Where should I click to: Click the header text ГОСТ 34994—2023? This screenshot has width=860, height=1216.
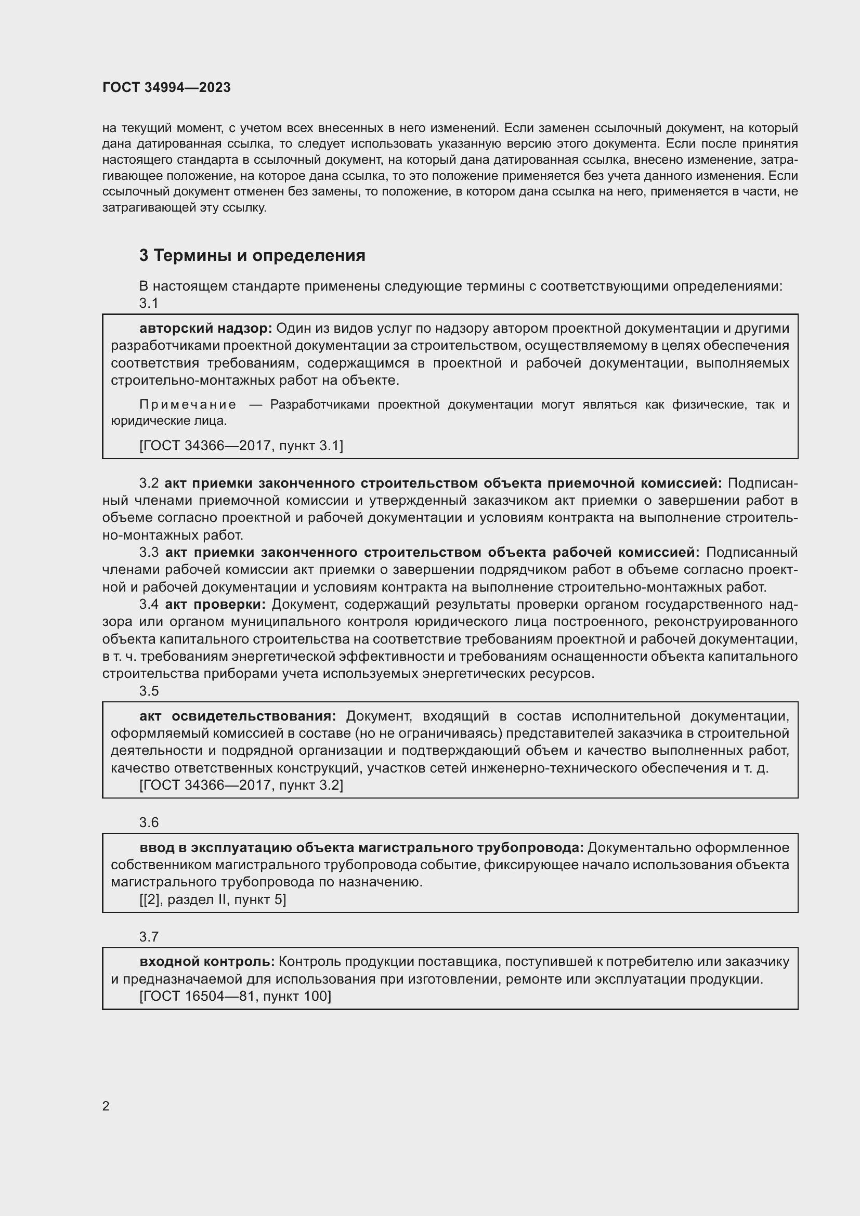(x=166, y=87)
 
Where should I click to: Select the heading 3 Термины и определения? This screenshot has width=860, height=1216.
(x=252, y=255)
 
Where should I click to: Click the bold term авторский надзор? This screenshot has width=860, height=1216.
(x=205, y=329)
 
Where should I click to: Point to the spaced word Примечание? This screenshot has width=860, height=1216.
(x=188, y=404)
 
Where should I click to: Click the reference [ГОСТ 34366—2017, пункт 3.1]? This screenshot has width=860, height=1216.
(x=241, y=446)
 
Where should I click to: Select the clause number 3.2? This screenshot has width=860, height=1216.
(x=149, y=483)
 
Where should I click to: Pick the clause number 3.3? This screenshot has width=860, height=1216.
(x=149, y=553)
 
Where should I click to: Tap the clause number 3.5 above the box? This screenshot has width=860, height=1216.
(x=149, y=690)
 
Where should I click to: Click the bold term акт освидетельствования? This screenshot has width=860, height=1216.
(x=238, y=716)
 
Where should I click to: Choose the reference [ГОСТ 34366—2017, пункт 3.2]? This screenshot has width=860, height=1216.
(x=241, y=785)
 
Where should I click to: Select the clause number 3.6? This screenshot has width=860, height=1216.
(x=149, y=822)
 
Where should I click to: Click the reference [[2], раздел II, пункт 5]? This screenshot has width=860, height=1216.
(x=212, y=899)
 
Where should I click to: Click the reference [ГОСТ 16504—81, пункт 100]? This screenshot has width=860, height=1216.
(x=235, y=996)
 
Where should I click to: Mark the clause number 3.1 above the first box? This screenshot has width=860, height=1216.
(x=149, y=303)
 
